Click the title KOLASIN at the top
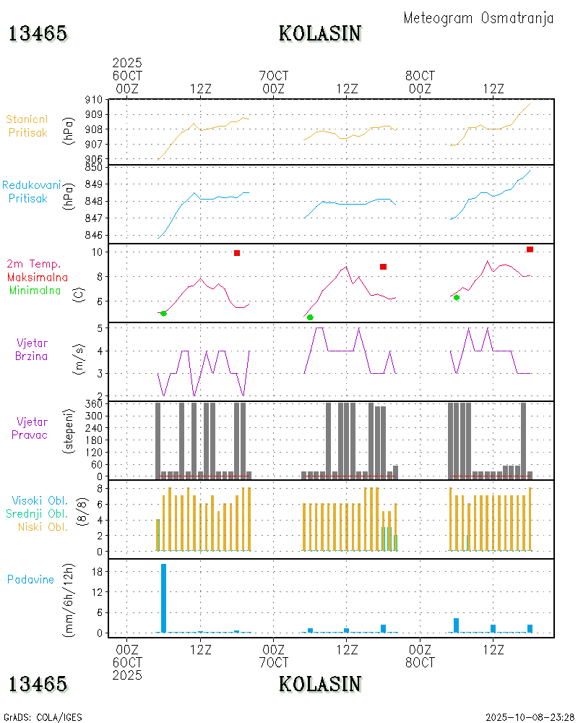click(320, 33)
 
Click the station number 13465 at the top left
click(38, 33)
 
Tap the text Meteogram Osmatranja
click(478, 18)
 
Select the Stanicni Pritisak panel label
click(28, 125)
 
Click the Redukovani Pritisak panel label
click(30, 192)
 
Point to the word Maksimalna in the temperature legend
click(38, 277)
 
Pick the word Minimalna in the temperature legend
click(36, 290)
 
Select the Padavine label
click(30, 579)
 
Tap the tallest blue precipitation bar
click(164, 598)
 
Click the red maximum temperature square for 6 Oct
click(237, 253)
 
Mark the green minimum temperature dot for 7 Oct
click(310, 317)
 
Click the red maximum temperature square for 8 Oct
click(530, 249)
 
